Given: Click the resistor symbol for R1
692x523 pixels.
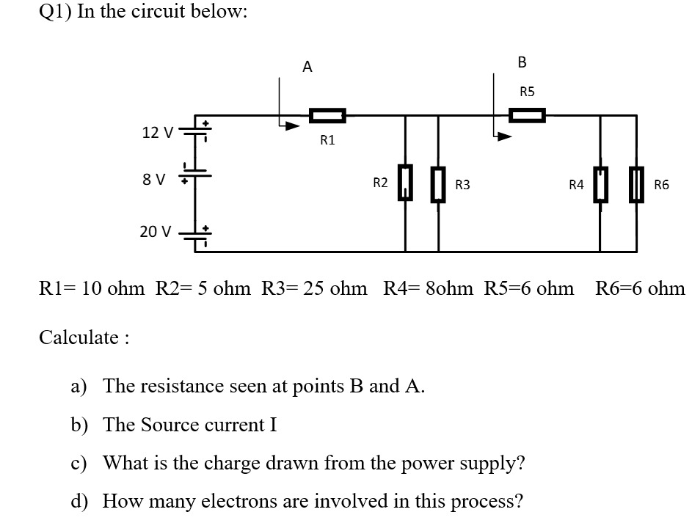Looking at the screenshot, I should pyautogui.click(x=327, y=115).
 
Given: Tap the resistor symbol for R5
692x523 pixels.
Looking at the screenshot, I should pyautogui.click(x=528, y=115).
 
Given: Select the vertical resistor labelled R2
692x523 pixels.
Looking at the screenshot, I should pyautogui.click(x=405, y=183).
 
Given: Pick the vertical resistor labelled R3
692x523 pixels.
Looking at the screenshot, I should pyautogui.click(x=438, y=183).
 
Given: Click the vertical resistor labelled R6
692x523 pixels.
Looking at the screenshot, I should pyautogui.click(x=635, y=183).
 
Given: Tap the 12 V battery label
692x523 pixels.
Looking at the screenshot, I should pyautogui.click(x=157, y=133).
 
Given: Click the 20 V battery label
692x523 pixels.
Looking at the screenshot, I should pyautogui.click(x=156, y=232).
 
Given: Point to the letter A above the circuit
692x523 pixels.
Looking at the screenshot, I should pyautogui.click(x=307, y=67).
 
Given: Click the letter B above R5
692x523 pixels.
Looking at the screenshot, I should pyautogui.click(x=522, y=62).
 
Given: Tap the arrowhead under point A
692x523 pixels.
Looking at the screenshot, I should pyautogui.click(x=293, y=126).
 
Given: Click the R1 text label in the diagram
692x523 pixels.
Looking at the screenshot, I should pyautogui.click(x=327, y=140).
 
